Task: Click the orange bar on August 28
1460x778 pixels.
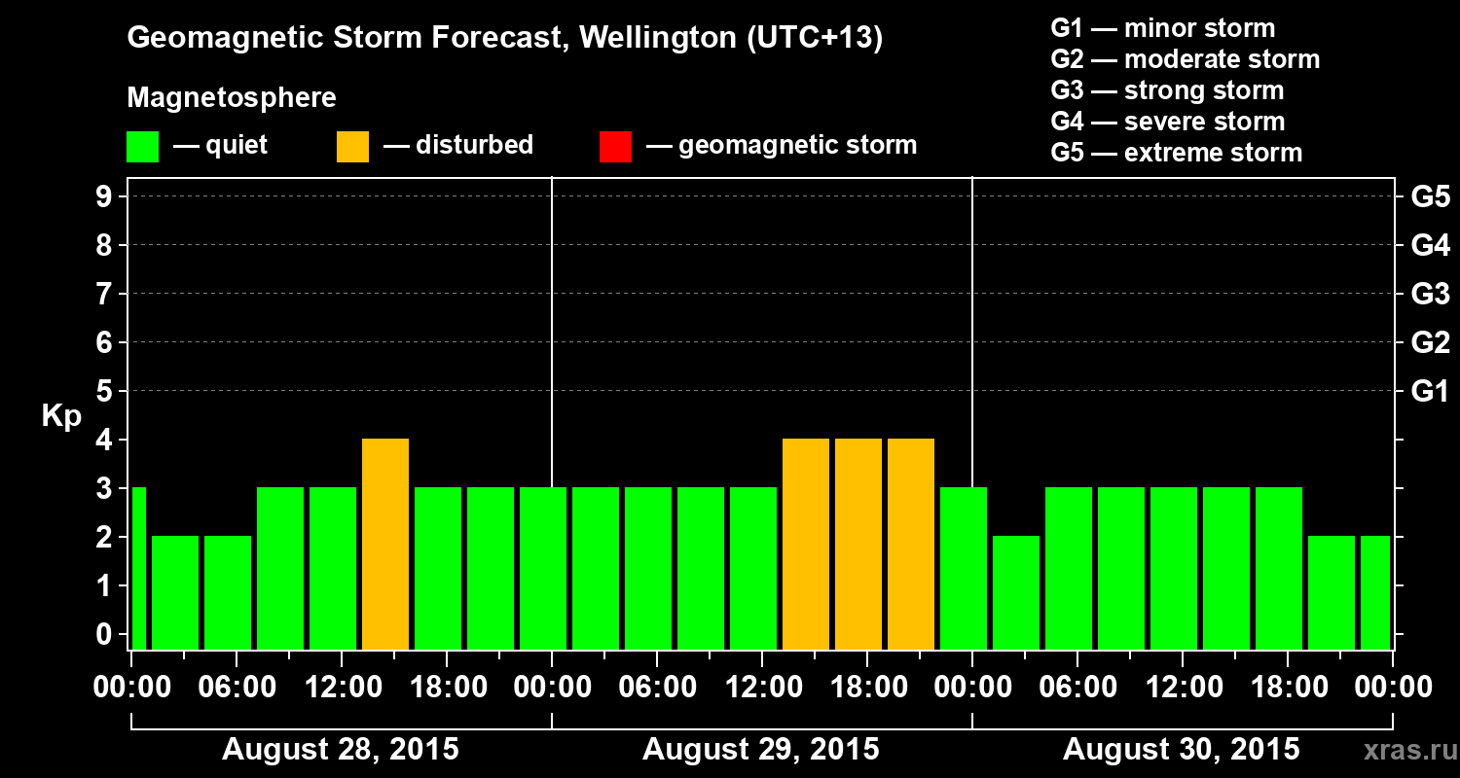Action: (385, 544)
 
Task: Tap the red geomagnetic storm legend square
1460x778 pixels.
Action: (615, 146)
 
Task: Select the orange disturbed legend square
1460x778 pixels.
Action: (352, 146)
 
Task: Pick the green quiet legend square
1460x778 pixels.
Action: (142, 146)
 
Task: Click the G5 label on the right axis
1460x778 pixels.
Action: (1430, 197)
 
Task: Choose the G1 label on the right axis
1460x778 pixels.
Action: (1430, 392)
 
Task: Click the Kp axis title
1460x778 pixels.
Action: (61, 416)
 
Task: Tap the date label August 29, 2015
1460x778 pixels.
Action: (760, 750)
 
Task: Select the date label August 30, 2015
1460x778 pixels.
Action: (1181, 750)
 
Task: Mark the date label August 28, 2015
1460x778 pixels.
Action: (341, 750)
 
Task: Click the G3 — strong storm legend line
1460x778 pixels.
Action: (1167, 90)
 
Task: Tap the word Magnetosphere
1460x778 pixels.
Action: (232, 98)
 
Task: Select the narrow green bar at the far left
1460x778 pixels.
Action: (138, 568)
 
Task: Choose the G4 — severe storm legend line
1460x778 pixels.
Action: (1168, 122)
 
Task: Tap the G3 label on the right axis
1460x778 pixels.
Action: (1430, 295)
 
